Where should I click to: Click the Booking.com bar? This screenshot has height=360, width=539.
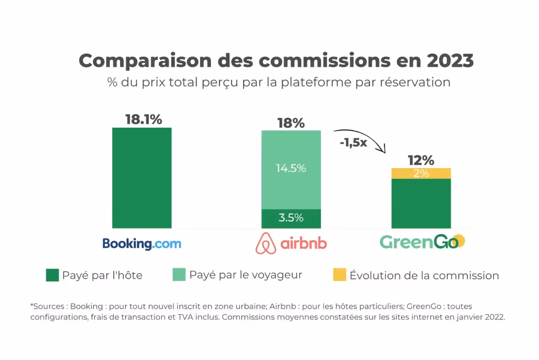click(142, 178)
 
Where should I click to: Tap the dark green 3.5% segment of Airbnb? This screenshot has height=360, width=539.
click(291, 218)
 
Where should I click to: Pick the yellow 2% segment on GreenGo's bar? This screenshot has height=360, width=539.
click(421, 173)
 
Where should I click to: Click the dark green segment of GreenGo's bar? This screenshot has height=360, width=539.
click(421, 203)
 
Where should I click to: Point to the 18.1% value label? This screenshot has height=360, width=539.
click(143, 120)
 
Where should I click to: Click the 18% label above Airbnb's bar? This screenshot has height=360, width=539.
click(291, 123)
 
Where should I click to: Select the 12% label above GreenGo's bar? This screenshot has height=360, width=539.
click(421, 160)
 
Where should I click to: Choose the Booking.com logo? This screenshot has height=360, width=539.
click(142, 244)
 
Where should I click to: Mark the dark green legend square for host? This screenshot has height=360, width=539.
click(52, 275)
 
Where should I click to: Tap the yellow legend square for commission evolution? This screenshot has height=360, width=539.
click(340, 275)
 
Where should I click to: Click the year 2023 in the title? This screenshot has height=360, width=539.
click(450, 60)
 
